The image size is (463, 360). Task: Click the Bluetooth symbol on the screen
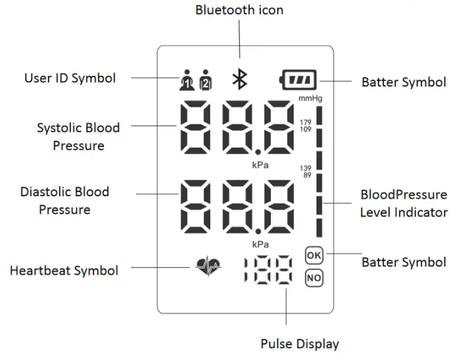(x=240, y=80)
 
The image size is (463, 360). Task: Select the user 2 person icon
(x=205, y=80)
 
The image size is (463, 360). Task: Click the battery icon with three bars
(x=299, y=80)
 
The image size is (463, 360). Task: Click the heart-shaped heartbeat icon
(x=208, y=268)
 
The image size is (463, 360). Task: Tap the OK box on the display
(x=314, y=255)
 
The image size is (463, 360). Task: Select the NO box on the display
(x=314, y=278)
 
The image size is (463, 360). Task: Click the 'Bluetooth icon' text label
(x=239, y=11)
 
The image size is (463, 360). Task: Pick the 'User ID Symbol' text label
(x=70, y=78)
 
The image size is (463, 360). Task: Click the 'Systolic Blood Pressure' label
(x=78, y=136)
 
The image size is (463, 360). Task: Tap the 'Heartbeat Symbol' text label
(x=64, y=270)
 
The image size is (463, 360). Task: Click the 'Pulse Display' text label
(x=300, y=344)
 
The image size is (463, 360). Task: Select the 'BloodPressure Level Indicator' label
(x=403, y=202)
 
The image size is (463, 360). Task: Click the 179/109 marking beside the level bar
(x=305, y=126)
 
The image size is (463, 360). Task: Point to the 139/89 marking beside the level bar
(x=305, y=172)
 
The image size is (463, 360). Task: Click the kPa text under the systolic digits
(x=261, y=165)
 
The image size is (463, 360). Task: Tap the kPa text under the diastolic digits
(x=261, y=244)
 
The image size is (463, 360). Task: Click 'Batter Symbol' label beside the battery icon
(x=403, y=82)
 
